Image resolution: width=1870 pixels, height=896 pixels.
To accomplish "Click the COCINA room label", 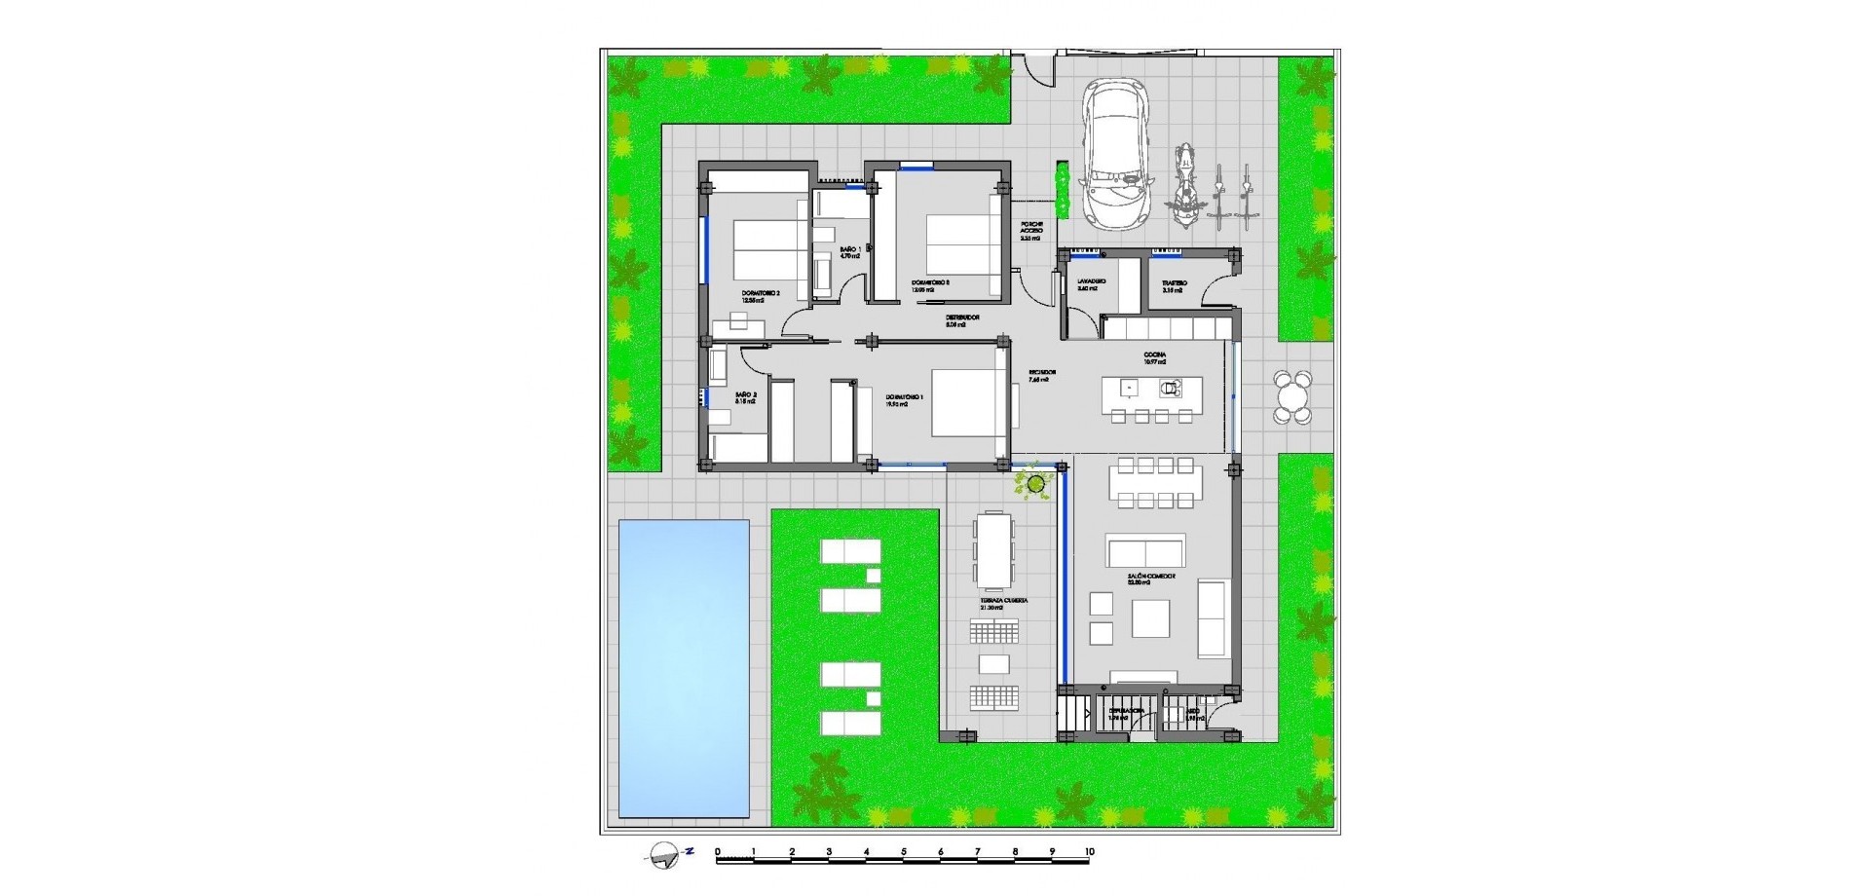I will (x=1155, y=357).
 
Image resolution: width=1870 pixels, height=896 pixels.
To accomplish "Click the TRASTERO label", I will (x=1174, y=285).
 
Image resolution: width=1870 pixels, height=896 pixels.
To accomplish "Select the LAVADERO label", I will (x=1090, y=285).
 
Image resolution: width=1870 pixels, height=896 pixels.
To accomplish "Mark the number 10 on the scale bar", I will (x=1090, y=852).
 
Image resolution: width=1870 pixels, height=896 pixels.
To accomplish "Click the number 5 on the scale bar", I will (x=903, y=852).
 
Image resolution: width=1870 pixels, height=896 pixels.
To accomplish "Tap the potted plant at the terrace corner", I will (x=1034, y=481).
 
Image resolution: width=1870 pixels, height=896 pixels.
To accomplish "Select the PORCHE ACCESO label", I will (x=1031, y=230).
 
